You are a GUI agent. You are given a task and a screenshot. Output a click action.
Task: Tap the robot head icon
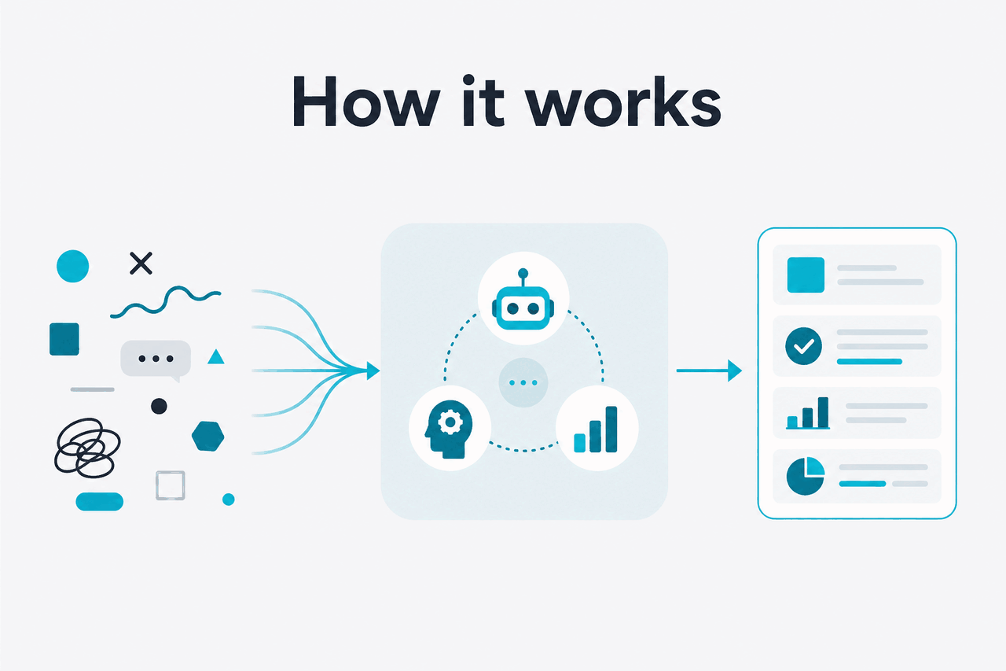[523, 300]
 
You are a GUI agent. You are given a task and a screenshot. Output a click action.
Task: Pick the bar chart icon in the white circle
[596, 430]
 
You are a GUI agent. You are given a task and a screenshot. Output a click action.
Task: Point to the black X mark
[141, 263]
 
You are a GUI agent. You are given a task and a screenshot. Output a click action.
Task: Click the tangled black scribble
[87, 448]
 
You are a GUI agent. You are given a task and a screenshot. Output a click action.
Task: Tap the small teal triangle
[216, 357]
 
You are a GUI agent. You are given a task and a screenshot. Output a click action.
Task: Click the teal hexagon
[208, 436]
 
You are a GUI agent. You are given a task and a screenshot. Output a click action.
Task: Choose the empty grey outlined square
[171, 485]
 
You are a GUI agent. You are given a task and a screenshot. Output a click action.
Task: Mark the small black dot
[159, 406]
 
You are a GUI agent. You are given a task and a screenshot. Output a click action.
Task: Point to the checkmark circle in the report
[803, 345]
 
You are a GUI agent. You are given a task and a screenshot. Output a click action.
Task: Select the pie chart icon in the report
[806, 476]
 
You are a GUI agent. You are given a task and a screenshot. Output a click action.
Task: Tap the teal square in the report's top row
[806, 275]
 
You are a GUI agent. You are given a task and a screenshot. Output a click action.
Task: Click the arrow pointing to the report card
[709, 371]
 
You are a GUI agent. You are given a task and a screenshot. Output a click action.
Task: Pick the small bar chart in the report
[807, 413]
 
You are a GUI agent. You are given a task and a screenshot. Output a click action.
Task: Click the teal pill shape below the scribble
[99, 502]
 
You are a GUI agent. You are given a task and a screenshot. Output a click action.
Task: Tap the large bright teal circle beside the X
[73, 266]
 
